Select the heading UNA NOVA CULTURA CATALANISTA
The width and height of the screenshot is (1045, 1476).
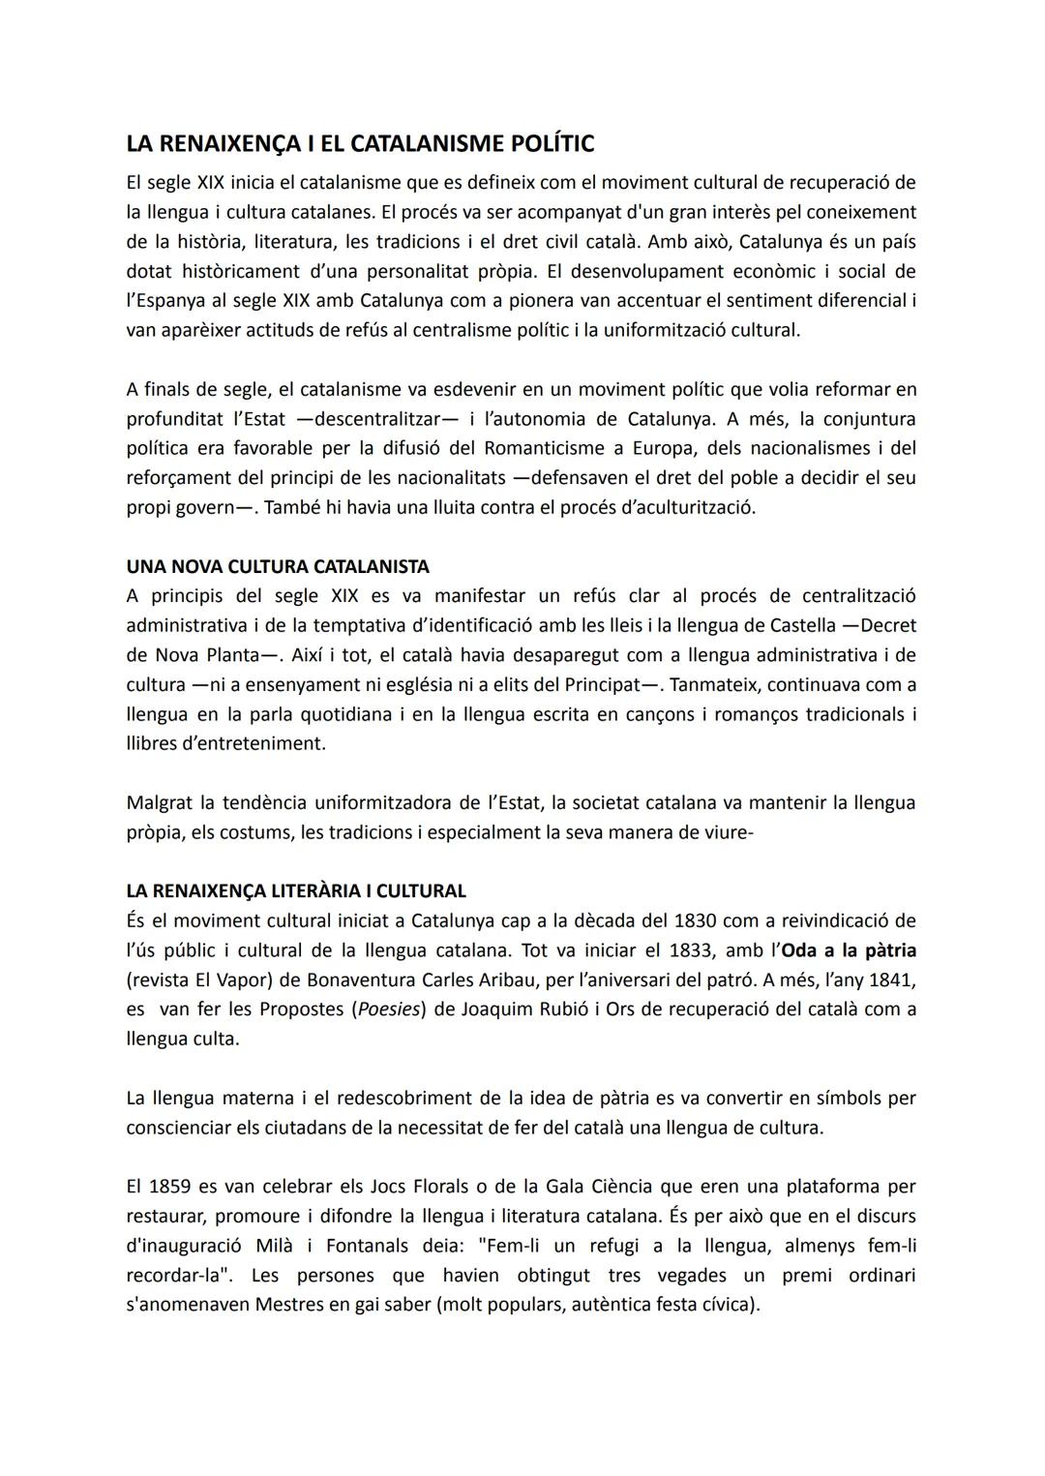278,566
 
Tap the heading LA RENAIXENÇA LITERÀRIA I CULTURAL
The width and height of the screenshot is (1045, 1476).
296,890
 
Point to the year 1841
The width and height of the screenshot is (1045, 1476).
891,979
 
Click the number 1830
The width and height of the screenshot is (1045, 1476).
698,919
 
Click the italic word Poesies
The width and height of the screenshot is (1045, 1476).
389,1009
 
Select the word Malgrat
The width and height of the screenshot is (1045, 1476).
159,802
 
